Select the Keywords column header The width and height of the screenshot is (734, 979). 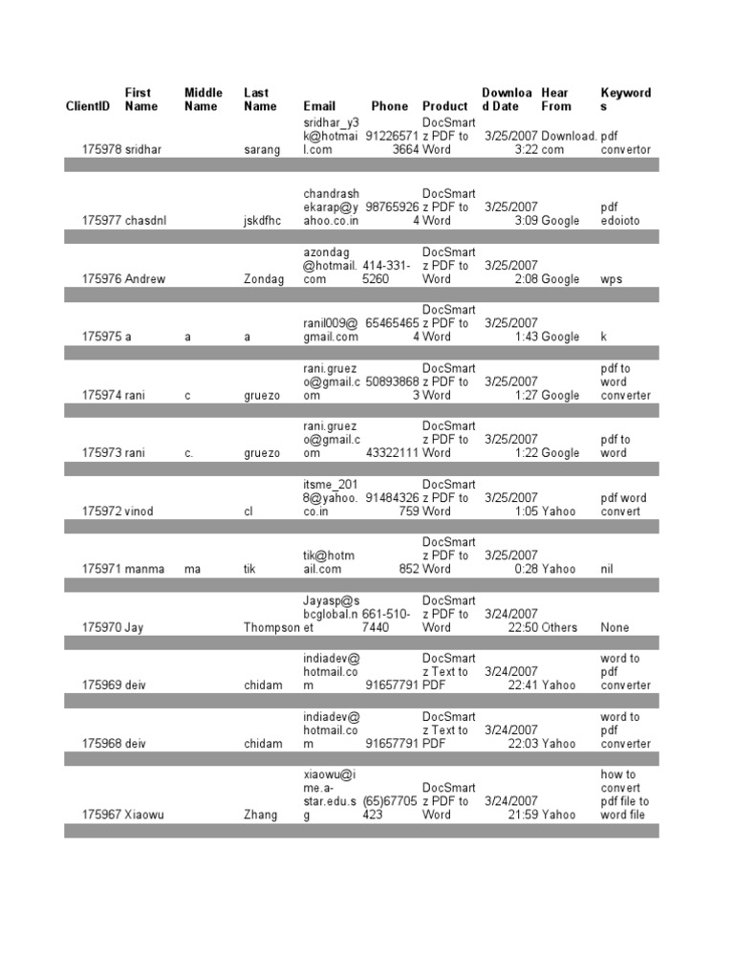pyautogui.click(x=626, y=99)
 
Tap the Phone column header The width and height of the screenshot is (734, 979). pyautogui.click(x=389, y=106)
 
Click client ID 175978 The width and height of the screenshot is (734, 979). pyautogui.click(x=101, y=149)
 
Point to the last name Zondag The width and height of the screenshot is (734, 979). pyautogui.click(x=264, y=279)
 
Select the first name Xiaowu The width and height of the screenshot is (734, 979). pyautogui.click(x=145, y=815)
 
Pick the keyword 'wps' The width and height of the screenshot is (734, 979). pyautogui.click(x=612, y=279)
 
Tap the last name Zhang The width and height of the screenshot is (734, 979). pyautogui.click(x=261, y=815)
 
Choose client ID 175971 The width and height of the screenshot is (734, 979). pyautogui.click(x=101, y=569)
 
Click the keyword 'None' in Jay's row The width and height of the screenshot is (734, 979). pyautogui.click(x=615, y=627)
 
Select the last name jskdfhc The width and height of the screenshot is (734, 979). pyautogui.click(x=266, y=220)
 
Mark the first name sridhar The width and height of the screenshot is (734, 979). pyautogui.click(x=144, y=149)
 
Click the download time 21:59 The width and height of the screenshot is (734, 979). pyautogui.click(x=523, y=815)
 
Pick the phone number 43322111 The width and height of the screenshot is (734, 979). pyautogui.click(x=390, y=452)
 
